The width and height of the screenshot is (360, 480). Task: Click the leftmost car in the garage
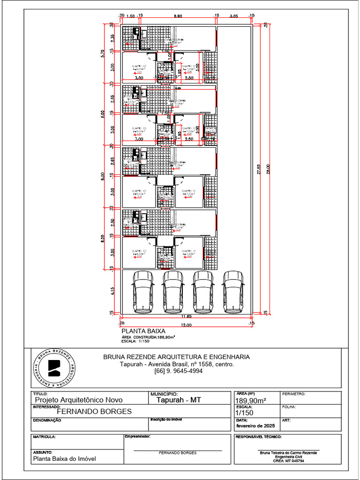[142, 292]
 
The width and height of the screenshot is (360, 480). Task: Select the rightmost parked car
[233, 292]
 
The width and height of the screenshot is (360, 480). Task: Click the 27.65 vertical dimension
[259, 169]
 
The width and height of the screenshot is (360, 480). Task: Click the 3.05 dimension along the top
[233, 16]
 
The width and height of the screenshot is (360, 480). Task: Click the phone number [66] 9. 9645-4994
[178, 371]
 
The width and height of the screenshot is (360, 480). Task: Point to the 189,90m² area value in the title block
[251, 400]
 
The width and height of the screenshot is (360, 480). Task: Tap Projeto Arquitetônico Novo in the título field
[79, 400]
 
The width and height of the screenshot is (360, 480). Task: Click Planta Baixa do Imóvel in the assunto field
[64, 459]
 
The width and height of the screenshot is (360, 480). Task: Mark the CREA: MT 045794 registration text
[288, 461]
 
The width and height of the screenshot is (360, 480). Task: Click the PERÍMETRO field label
[294, 394]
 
